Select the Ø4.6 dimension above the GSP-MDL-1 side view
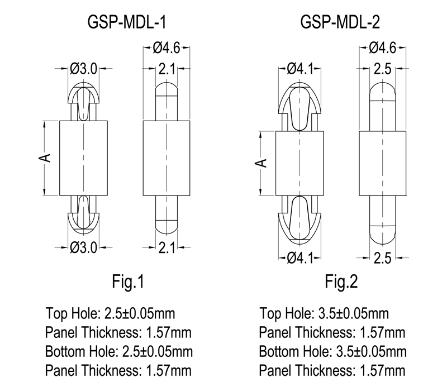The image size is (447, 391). (x=167, y=48)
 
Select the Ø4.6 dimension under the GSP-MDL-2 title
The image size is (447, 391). (x=382, y=48)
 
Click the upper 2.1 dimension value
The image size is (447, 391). (x=167, y=69)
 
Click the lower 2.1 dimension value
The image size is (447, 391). (x=167, y=246)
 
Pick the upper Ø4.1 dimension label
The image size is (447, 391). (x=301, y=69)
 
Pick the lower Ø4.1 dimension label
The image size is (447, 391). (x=301, y=258)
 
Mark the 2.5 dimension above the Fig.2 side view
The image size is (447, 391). (x=382, y=69)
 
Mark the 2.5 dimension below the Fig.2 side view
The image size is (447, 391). (x=382, y=258)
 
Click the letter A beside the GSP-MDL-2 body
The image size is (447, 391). (x=262, y=163)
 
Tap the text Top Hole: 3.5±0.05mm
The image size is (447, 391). (x=324, y=313)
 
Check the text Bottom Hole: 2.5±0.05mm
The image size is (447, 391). (x=119, y=352)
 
